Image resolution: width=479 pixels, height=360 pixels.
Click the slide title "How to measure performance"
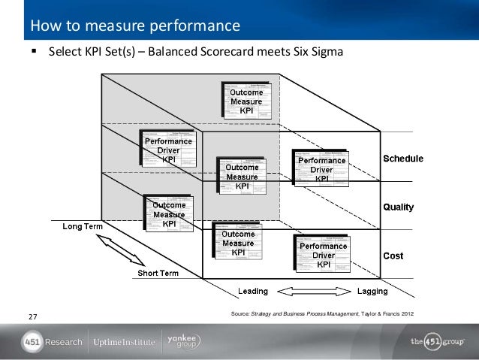[135, 28]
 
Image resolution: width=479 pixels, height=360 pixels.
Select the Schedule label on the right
[403, 159]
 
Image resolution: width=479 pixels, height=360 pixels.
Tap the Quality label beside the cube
[399, 207]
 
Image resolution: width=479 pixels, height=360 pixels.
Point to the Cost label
[393, 256]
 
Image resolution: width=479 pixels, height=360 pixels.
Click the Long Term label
[83, 225]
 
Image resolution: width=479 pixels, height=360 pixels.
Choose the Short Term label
[158, 273]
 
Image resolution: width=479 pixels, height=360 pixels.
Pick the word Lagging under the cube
[372, 291]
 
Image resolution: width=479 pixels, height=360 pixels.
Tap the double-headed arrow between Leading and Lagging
[312, 291]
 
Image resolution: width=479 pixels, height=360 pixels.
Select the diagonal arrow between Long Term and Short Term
[120, 250]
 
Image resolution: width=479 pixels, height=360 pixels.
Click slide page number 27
[32, 316]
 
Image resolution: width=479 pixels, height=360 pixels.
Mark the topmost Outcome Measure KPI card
[246, 100]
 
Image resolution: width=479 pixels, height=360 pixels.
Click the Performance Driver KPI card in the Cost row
[324, 254]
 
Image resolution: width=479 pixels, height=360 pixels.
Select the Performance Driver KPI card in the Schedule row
[322, 168]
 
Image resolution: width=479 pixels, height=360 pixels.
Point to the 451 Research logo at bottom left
[52, 342]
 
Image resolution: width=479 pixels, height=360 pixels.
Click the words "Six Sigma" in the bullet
[319, 54]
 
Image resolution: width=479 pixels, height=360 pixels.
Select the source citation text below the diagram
[323, 312]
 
